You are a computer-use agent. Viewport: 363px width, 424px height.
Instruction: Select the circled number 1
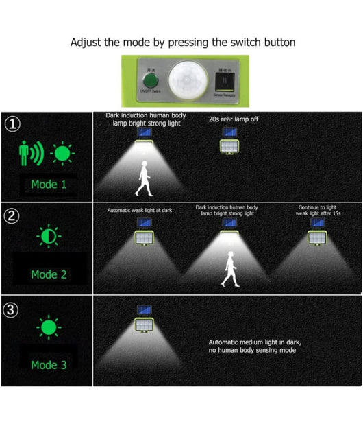point(12,124)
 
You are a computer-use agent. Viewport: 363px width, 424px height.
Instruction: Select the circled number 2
point(12,215)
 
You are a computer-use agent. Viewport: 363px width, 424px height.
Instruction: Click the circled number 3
point(12,310)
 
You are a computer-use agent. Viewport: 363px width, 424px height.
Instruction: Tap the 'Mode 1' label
point(49,184)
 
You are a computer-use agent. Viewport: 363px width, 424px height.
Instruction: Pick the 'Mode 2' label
point(49,274)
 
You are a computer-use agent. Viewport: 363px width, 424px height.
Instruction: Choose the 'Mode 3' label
point(49,365)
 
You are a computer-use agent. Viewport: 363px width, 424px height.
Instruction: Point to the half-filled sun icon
point(49,237)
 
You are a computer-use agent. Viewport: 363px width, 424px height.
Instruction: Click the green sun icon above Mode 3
point(49,326)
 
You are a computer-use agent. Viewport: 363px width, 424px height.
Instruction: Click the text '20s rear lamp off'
point(234,119)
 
